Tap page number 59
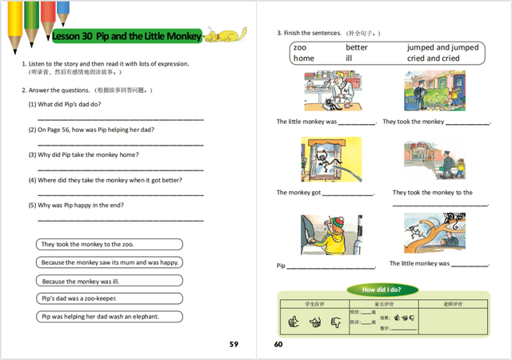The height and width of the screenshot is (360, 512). [234, 345]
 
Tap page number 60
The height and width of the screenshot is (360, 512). [278, 345]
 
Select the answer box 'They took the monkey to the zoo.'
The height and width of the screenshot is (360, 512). [109, 244]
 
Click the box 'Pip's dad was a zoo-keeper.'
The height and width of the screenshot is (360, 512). [109, 298]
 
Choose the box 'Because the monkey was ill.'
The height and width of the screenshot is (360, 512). [109, 280]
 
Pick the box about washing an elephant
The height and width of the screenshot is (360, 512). [109, 316]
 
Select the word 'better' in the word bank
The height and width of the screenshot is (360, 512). [357, 48]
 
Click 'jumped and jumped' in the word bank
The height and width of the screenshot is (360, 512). [442, 48]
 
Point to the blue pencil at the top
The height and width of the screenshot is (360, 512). [63, 12]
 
